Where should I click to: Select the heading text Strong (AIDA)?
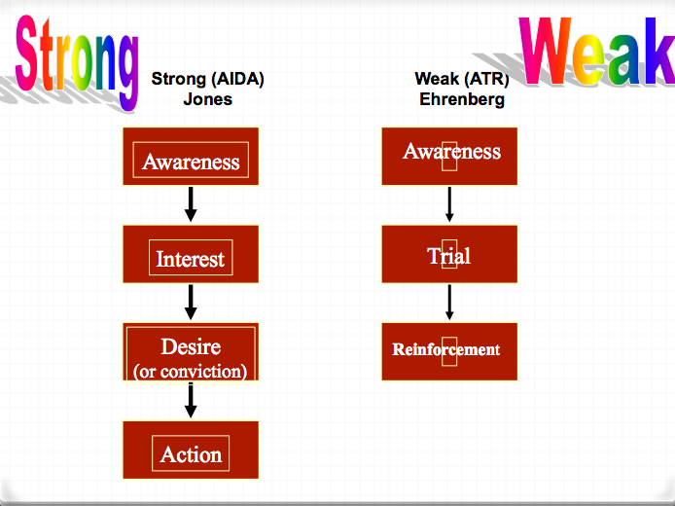[x=208, y=79]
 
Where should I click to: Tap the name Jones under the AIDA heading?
[x=208, y=99]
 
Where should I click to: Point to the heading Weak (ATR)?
[x=462, y=79]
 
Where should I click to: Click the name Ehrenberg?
[x=462, y=99]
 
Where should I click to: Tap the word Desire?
[x=191, y=345]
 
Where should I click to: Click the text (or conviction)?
[x=191, y=371]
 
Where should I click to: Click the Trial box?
[x=449, y=254]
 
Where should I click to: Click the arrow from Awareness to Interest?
[x=191, y=203]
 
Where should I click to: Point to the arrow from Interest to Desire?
[x=191, y=302]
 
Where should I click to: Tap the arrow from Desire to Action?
[x=191, y=400]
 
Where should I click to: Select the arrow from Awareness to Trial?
[x=449, y=204]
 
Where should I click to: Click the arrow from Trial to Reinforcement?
[x=449, y=302]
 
